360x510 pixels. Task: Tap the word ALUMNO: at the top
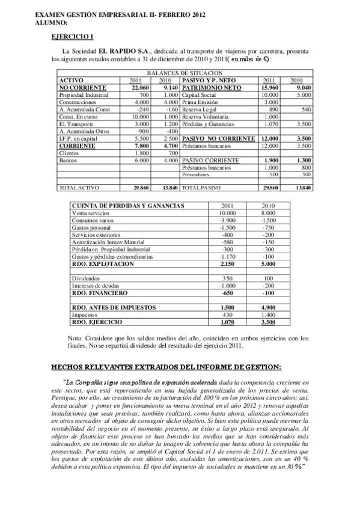pyautogui.click(x=35, y=22)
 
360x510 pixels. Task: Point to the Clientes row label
pyautogui.click(x=69, y=153)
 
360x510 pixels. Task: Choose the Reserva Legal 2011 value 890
pyautogui.click(x=273, y=109)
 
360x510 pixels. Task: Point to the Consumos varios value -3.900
pyautogui.click(x=226, y=220)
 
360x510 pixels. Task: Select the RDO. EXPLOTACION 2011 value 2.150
pyautogui.click(x=225, y=264)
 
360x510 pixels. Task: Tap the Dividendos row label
pyautogui.click(x=84, y=278)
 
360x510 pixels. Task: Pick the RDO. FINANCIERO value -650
pyautogui.click(x=226, y=293)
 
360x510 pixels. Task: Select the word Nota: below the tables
pyautogui.click(x=75, y=337)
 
